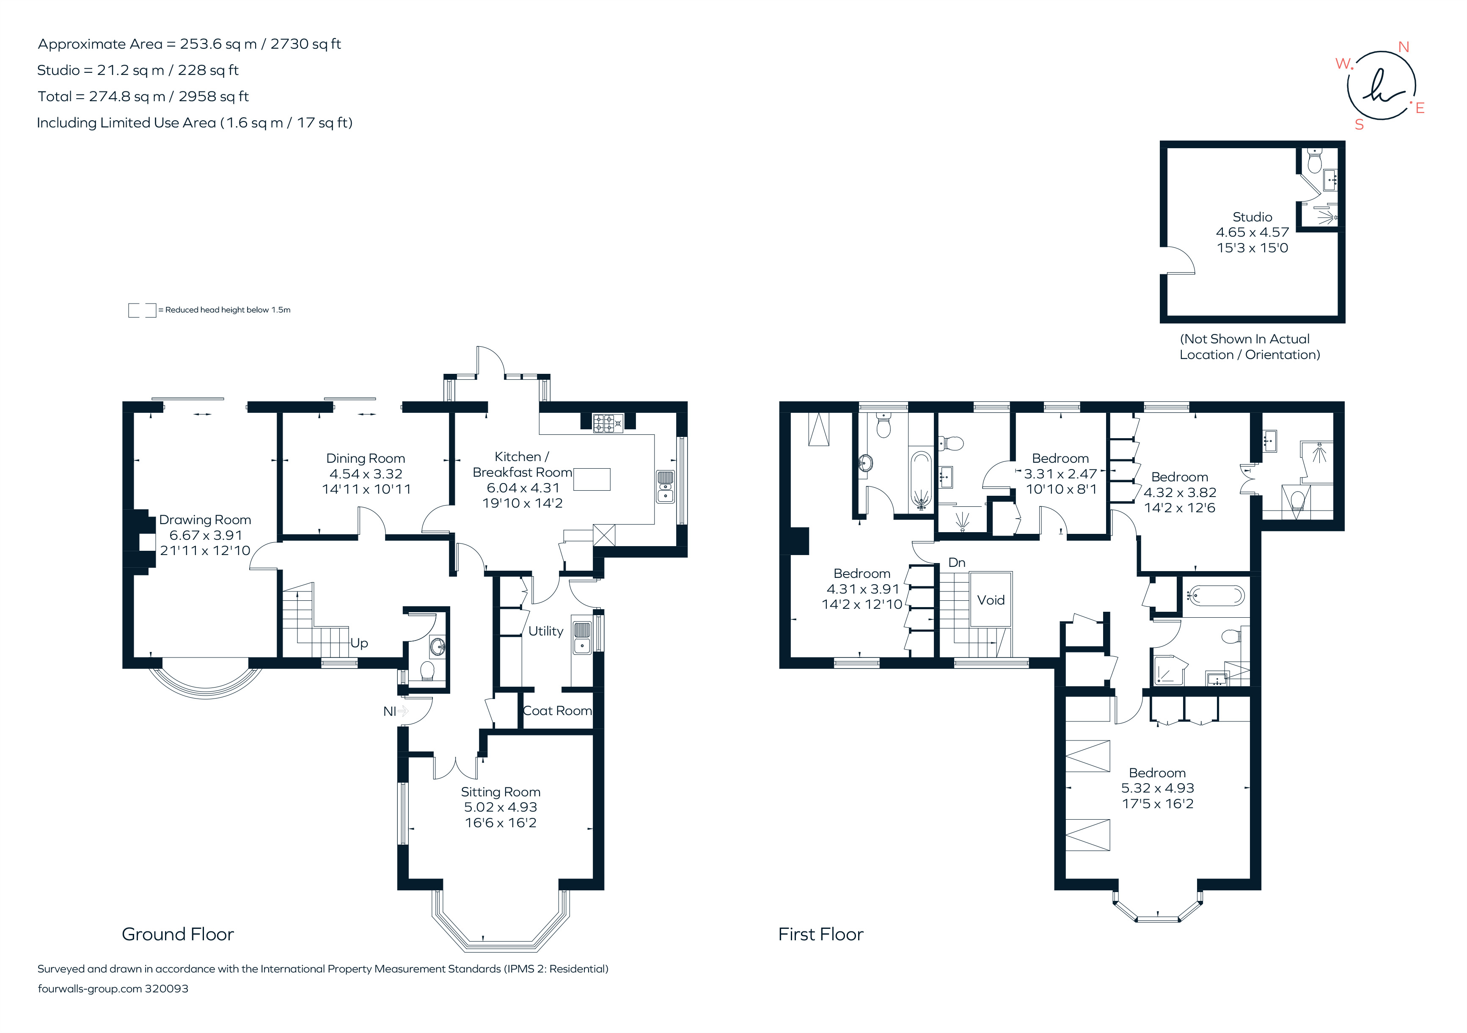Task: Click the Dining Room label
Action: tap(366, 458)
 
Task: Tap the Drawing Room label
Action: tap(205, 520)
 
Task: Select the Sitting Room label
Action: tap(501, 792)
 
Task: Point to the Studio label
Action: tap(1252, 217)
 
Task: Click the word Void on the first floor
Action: tap(991, 600)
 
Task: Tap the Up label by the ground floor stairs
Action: tap(359, 643)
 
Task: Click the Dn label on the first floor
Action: tap(956, 563)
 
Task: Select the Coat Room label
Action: tap(557, 711)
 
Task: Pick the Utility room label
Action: tap(546, 631)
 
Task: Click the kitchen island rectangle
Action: tap(592, 479)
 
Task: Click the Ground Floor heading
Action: tap(178, 934)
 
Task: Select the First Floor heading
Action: tap(821, 934)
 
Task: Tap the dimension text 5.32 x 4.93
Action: tap(1157, 788)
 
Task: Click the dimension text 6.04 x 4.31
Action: tap(523, 488)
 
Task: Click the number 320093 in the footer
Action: tap(167, 989)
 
